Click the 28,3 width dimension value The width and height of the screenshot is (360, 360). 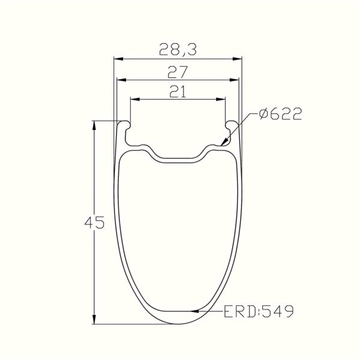178,50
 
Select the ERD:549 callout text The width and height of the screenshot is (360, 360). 258,311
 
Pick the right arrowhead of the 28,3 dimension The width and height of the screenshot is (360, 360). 239,59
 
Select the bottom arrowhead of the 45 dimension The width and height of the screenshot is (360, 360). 94,320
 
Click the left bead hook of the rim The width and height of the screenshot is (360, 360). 124,125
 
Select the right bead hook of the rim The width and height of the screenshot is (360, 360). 233,125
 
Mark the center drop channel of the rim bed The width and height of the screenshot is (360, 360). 178,158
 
